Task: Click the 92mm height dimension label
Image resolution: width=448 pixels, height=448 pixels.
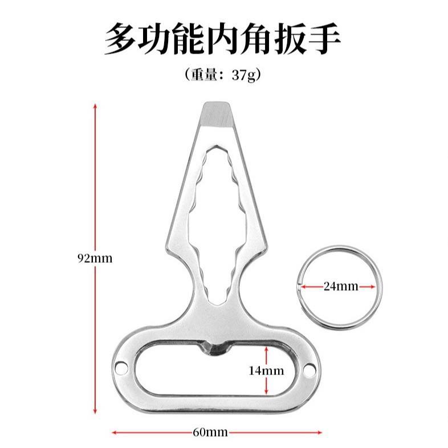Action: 95,258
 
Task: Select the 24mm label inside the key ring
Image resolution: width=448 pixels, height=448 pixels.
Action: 341,286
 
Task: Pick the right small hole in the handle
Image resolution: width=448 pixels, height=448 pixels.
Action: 309,371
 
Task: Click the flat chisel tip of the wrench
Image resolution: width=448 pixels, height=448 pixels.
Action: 217,112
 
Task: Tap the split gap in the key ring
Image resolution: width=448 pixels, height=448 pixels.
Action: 299,286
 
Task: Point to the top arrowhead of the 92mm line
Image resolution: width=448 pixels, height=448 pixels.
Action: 95,105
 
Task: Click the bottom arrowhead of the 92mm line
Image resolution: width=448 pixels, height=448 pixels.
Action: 95,411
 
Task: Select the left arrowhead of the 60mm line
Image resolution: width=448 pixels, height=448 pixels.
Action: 114,431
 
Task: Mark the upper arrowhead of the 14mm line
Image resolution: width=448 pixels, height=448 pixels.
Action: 266,349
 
